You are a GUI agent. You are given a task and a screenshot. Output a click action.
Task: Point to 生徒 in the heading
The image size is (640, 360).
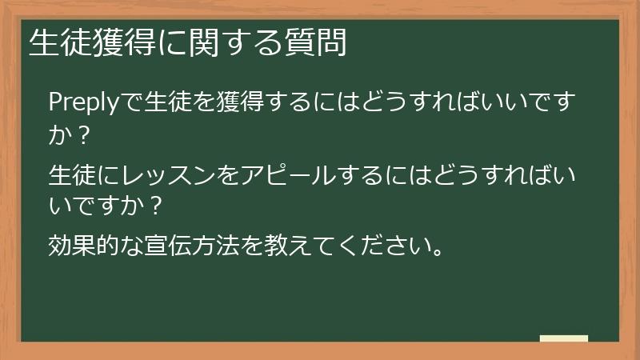tap(57, 43)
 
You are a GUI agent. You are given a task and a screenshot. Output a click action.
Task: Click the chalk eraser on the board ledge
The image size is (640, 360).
tap(564, 338)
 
